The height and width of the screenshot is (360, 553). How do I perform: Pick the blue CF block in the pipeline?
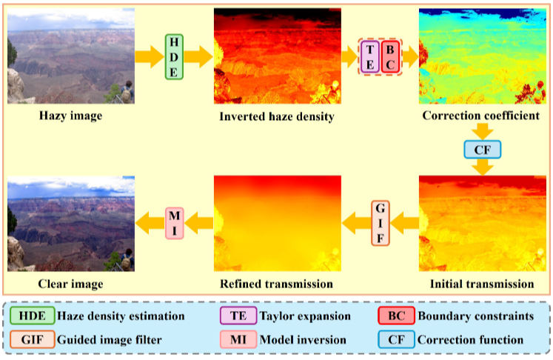pos(482,150)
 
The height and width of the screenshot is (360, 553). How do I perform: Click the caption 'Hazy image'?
pos(71,116)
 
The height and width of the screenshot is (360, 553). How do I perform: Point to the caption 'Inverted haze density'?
pos(277,116)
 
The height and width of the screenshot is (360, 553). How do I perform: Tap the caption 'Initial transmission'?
pos(482,283)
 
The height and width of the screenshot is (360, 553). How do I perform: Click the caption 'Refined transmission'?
pos(277,283)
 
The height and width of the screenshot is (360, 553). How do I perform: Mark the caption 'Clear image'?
pos(71,283)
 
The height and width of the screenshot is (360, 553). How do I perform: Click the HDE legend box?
pos(33,316)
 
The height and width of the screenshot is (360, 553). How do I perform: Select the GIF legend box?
pos(33,340)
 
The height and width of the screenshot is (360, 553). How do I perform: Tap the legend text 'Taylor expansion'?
pos(305,316)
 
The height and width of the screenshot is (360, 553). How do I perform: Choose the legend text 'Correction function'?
pos(471,340)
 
